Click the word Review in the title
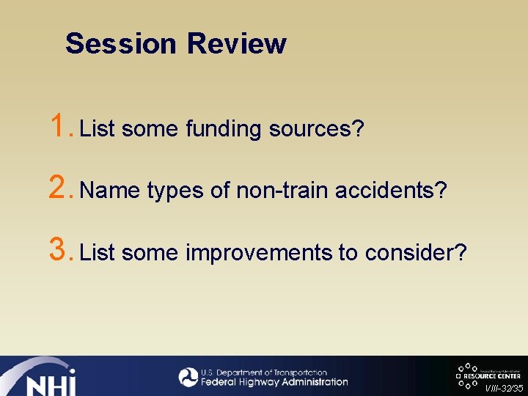click(x=236, y=43)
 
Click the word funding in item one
click(x=223, y=129)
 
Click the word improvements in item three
click(x=259, y=253)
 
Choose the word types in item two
click(x=175, y=191)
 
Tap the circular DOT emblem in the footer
click(x=188, y=377)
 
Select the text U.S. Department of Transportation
click(x=264, y=373)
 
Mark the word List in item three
click(x=98, y=253)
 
